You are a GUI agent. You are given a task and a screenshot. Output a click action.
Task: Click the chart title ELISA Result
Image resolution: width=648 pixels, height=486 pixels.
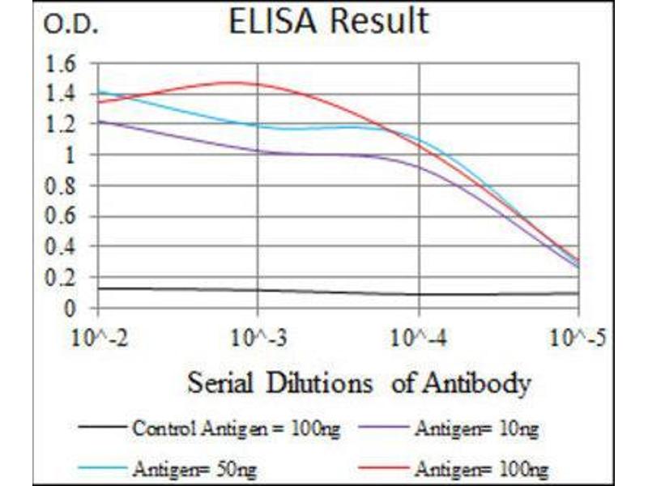click(328, 23)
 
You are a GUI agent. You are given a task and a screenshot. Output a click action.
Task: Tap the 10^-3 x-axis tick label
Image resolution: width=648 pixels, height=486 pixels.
click(258, 336)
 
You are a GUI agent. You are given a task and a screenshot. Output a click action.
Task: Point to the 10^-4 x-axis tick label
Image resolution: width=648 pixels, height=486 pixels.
click(418, 336)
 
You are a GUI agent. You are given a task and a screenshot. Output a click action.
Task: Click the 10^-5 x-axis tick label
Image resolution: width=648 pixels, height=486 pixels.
click(578, 336)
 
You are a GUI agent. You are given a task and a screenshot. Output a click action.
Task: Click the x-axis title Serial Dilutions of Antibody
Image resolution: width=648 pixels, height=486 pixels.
click(359, 382)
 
